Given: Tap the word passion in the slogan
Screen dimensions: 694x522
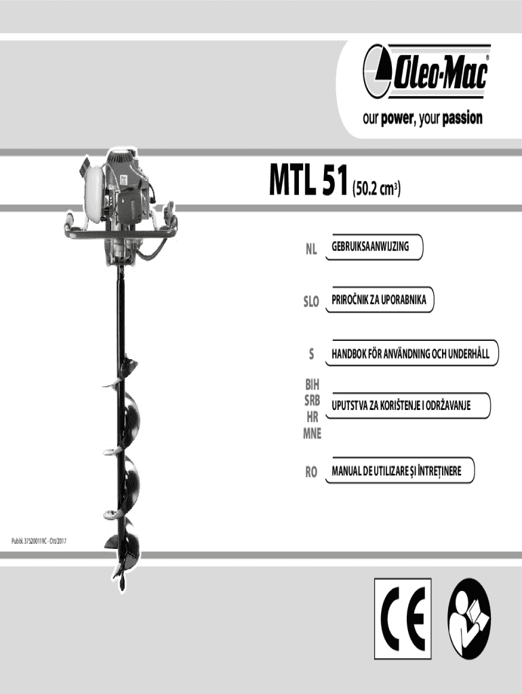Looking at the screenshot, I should [462, 119].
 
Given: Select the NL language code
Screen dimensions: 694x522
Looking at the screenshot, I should [310, 250].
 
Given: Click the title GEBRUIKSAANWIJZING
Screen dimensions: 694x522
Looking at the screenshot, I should [370, 247].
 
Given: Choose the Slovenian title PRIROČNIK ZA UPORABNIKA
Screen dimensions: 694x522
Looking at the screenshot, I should [379, 300].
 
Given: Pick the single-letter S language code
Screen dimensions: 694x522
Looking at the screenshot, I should [311, 354].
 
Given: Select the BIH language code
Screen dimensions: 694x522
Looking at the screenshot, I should [313, 384].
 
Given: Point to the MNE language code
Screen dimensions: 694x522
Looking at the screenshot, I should [312, 434].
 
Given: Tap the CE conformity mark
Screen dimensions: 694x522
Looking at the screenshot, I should [403, 613].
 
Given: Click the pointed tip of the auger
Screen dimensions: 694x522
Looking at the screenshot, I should [119, 584].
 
